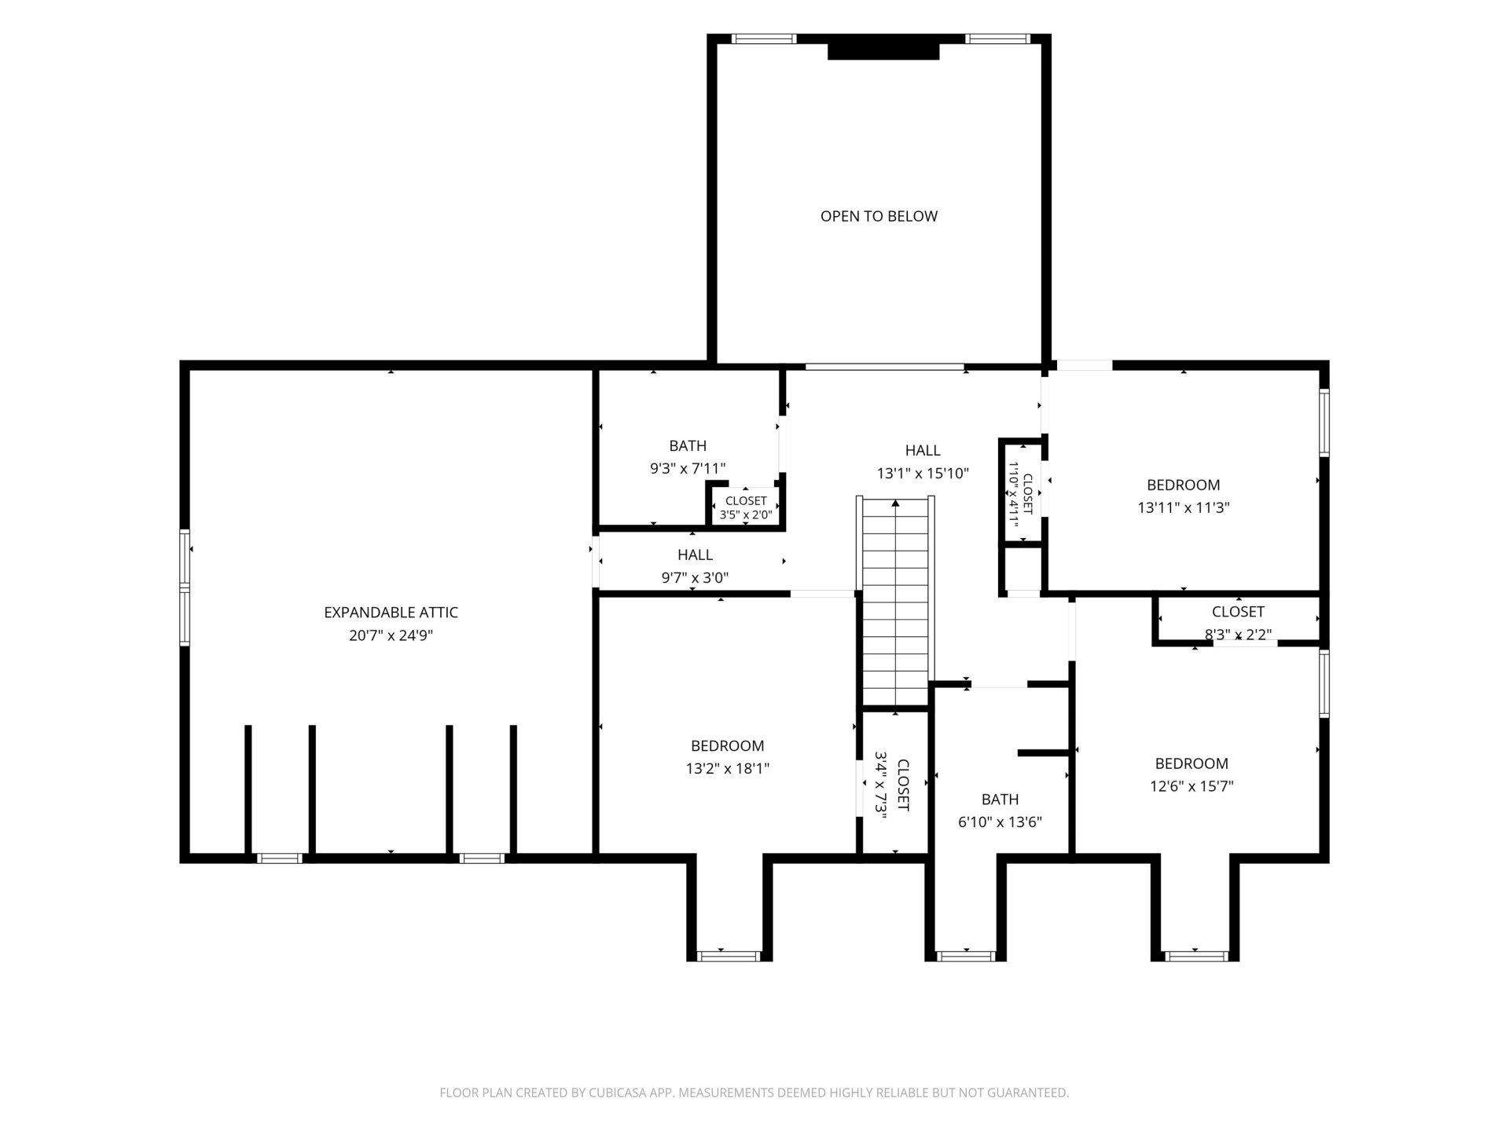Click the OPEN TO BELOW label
879,216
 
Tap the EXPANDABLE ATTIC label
391,613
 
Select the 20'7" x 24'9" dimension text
391,635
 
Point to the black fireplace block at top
883,50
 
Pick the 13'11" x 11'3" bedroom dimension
1183,507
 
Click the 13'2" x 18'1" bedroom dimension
727,768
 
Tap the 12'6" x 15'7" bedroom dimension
1191,785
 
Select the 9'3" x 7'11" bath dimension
687,469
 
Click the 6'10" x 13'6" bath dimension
1000,822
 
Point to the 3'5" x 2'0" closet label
746,515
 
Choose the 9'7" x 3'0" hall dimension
695,578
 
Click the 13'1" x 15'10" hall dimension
923,474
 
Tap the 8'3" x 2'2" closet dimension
1238,634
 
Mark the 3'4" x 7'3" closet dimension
882,785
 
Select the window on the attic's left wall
185,587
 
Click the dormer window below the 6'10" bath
966,956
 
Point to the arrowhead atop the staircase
895,503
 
